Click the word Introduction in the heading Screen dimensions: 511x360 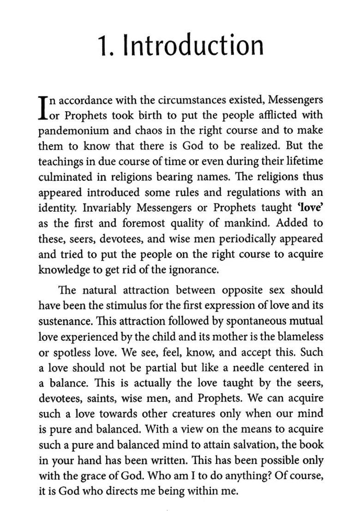pos(194,46)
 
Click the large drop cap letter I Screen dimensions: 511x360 pos(42,107)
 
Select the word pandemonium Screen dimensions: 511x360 pos(72,131)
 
